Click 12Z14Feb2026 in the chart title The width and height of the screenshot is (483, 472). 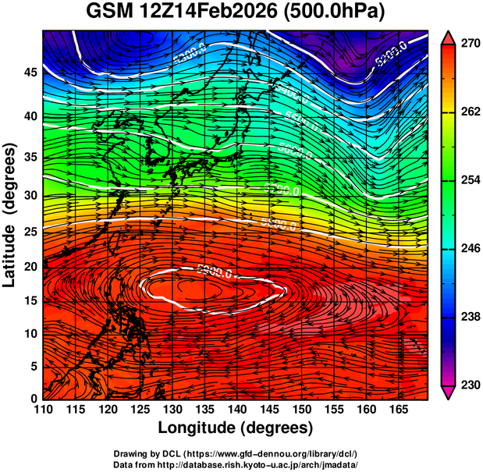[211, 13]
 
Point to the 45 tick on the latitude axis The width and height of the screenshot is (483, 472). [29, 72]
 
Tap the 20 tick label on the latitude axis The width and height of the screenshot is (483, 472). [29, 267]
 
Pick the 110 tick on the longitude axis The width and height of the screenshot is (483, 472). [42, 410]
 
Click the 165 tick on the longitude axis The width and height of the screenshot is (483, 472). [397, 410]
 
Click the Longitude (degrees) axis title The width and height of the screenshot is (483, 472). [236, 428]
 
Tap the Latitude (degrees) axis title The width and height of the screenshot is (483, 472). [11, 215]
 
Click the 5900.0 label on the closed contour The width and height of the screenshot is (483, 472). [215, 272]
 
